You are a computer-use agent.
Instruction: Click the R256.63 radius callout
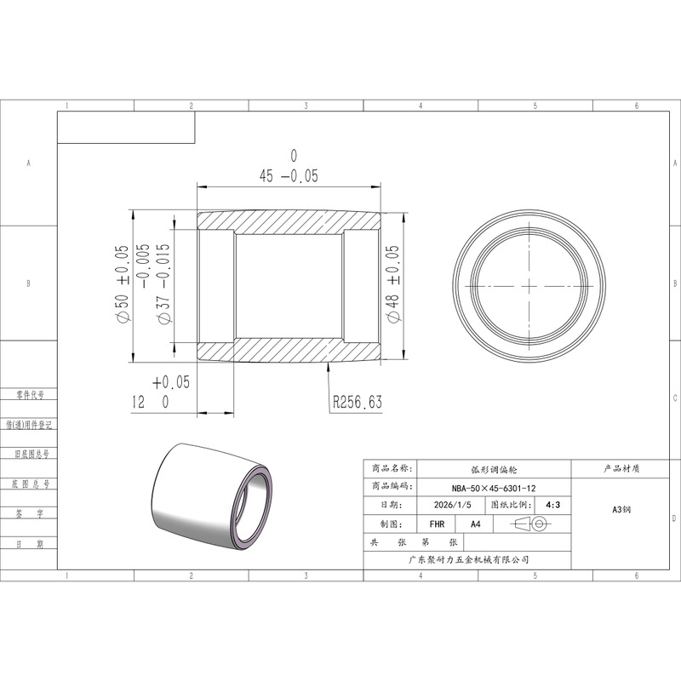coord(358,402)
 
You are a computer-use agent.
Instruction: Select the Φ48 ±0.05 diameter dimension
coord(392,284)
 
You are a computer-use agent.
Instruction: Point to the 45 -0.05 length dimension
coord(289,176)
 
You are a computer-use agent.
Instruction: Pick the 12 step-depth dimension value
coord(138,402)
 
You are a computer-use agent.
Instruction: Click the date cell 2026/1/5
coord(452,505)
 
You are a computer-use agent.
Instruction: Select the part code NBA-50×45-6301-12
coord(494,488)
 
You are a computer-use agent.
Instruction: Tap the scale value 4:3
coord(552,505)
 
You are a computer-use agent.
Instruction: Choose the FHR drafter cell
coord(437,524)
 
